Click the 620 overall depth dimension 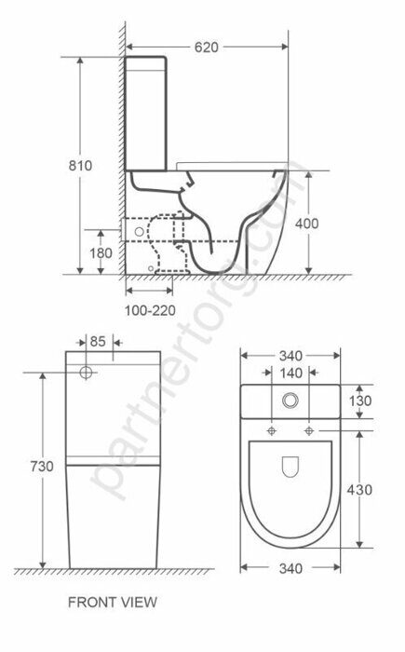click(207, 48)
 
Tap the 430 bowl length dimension click(363, 489)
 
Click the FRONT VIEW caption click(113, 603)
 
